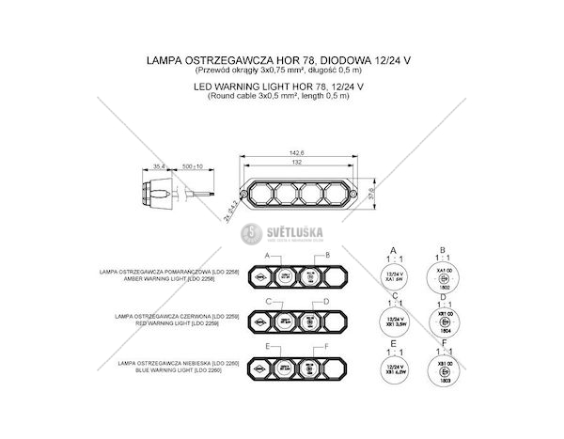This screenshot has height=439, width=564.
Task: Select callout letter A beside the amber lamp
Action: click(x=269, y=256)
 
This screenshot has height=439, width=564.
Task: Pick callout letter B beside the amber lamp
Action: click(x=325, y=256)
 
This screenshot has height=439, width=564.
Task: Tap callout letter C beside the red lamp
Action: click(x=269, y=301)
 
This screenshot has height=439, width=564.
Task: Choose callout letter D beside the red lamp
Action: click(x=325, y=301)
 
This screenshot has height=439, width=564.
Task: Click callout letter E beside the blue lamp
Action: click(x=269, y=347)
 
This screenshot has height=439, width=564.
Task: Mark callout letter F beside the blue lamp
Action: click(x=325, y=347)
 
